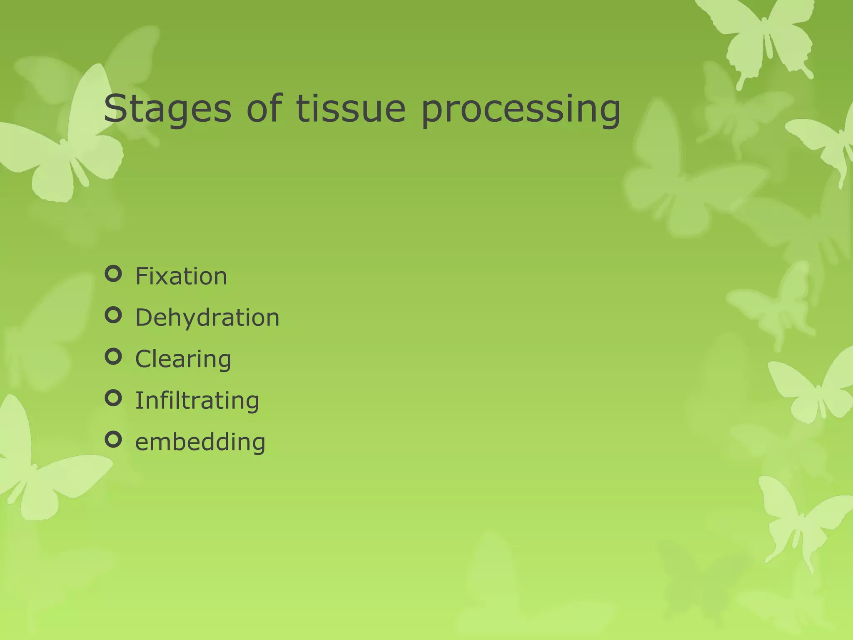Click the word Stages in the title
(x=167, y=109)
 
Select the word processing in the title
(x=520, y=109)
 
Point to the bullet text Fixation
(x=181, y=276)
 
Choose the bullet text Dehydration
(x=207, y=317)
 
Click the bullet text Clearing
(x=183, y=359)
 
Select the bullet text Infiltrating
(x=197, y=400)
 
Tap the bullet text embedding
(x=200, y=442)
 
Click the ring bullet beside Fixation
(x=113, y=274)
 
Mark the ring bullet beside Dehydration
(x=113, y=315)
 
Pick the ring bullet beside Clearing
(x=113, y=357)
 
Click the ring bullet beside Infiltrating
(x=113, y=398)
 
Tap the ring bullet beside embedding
(x=113, y=440)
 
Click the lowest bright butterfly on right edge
(x=804, y=521)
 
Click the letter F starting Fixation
(x=142, y=276)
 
